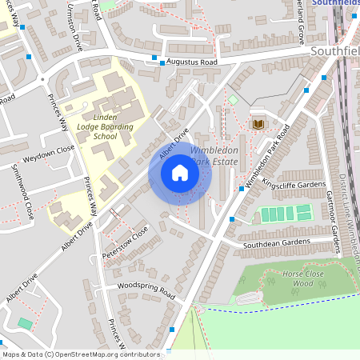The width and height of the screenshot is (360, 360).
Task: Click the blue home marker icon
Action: click(x=180, y=172)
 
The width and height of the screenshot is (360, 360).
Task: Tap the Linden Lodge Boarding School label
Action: click(x=104, y=126)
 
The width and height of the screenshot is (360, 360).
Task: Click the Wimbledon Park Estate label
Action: click(x=212, y=156)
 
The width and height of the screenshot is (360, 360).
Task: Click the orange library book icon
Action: click(x=258, y=124)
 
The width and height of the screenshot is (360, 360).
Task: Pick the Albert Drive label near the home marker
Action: click(x=173, y=142)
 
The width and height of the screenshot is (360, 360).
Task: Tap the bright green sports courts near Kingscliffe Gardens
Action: click(x=283, y=214)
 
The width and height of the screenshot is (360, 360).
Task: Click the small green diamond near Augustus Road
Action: click(x=232, y=99)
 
